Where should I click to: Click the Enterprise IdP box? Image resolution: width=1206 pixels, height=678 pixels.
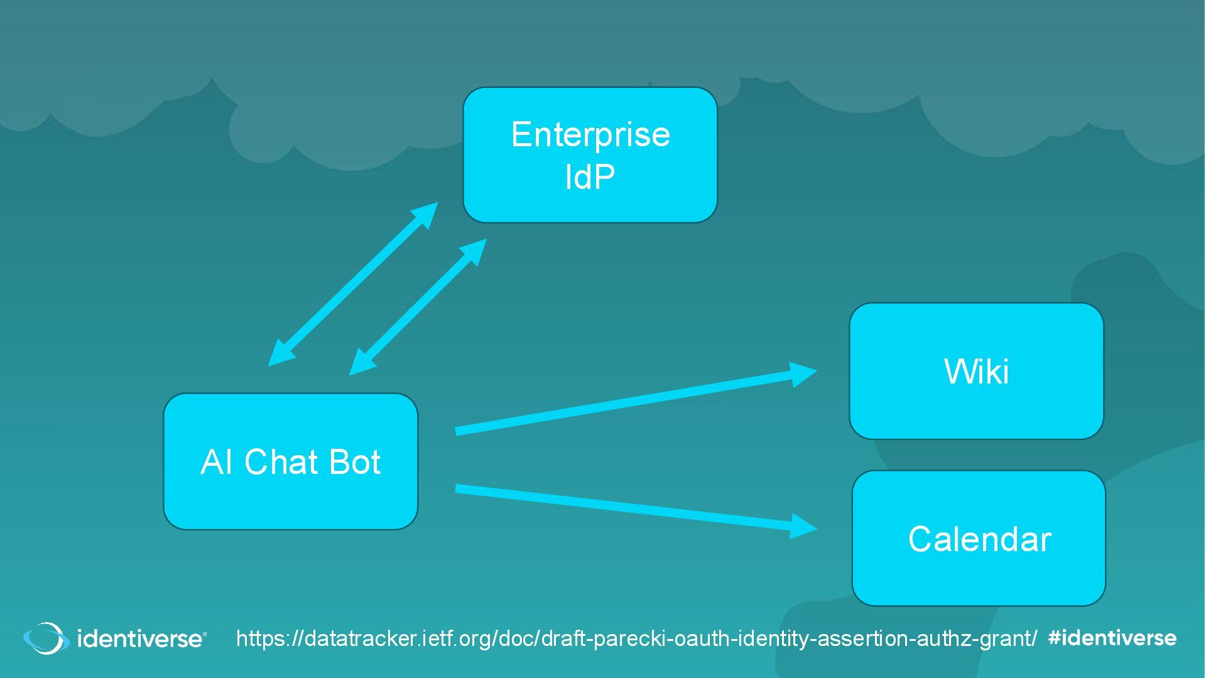click(x=590, y=155)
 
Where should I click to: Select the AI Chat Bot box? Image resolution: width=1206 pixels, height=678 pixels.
click(x=290, y=461)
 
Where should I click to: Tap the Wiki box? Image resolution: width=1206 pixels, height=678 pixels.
click(x=976, y=371)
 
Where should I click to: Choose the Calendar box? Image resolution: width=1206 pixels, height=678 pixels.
click(x=979, y=538)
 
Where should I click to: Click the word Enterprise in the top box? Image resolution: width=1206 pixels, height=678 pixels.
click(x=590, y=134)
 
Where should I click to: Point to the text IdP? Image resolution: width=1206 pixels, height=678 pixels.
click(x=590, y=177)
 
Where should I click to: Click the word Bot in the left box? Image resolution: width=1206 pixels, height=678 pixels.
click(x=354, y=462)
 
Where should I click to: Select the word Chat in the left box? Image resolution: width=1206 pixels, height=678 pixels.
click(x=280, y=462)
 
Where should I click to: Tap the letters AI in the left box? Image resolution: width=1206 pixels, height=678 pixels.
click(x=216, y=462)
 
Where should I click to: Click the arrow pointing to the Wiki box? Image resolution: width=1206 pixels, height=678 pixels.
click(x=628, y=402)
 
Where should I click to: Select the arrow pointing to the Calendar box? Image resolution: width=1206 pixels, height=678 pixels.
click(x=628, y=507)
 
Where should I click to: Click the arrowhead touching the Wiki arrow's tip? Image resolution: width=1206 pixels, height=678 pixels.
click(x=803, y=374)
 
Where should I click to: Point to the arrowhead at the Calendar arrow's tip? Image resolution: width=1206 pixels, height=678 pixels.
click(x=803, y=526)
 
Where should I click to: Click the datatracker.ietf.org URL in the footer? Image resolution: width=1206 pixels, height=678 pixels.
click(x=636, y=638)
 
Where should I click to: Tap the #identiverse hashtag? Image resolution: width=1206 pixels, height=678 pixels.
click(x=1112, y=638)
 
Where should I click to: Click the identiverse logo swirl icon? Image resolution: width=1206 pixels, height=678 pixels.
click(x=46, y=638)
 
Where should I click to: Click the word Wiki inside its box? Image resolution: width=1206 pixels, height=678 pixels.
click(x=976, y=371)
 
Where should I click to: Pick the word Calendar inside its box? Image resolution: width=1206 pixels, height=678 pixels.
click(x=979, y=539)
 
